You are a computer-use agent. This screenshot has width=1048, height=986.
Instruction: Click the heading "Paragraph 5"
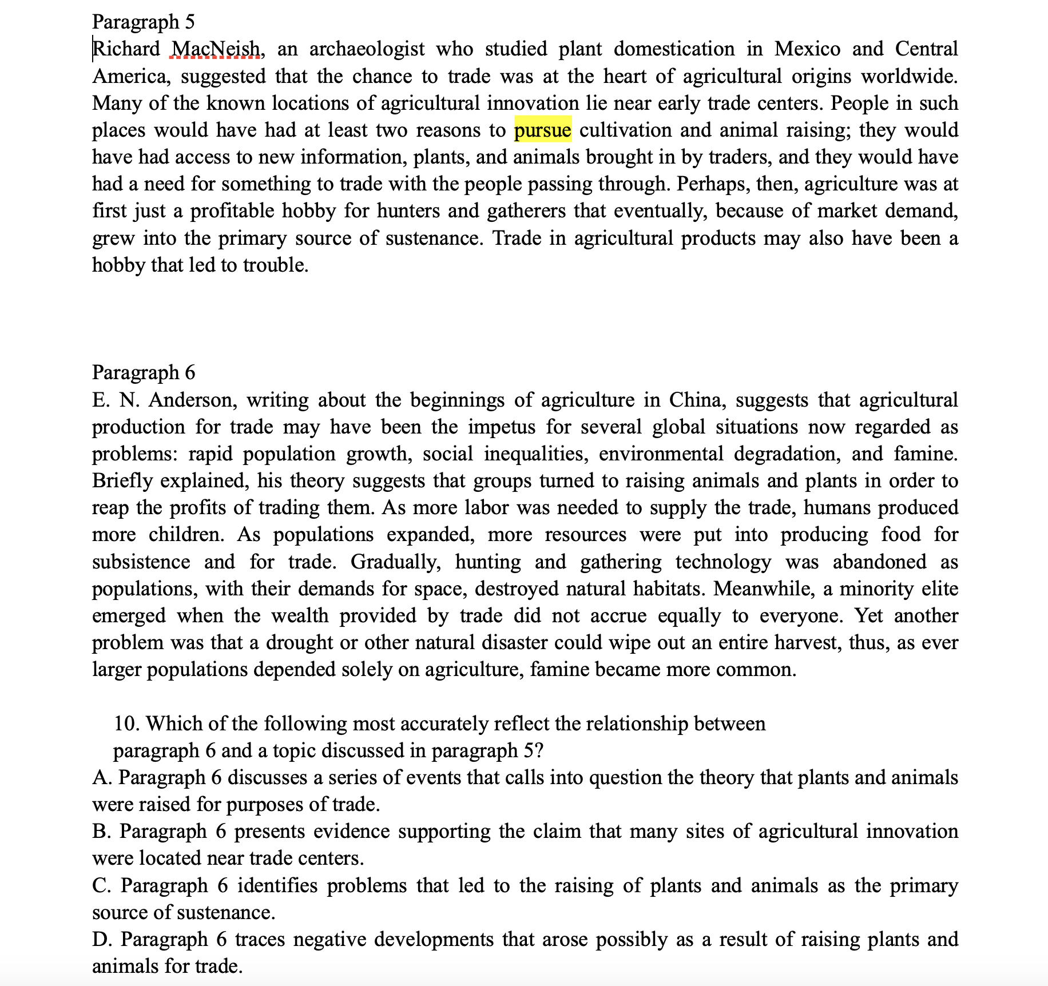coord(143,22)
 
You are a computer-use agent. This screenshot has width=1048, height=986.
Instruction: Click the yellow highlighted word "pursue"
coord(542,130)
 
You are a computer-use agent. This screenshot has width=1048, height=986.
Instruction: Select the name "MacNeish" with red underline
coord(216,49)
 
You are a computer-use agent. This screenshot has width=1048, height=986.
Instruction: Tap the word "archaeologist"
coord(367,49)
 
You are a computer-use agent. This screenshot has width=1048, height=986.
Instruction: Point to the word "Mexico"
coord(807,49)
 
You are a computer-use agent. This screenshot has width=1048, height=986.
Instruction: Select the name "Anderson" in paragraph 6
coord(192,400)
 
